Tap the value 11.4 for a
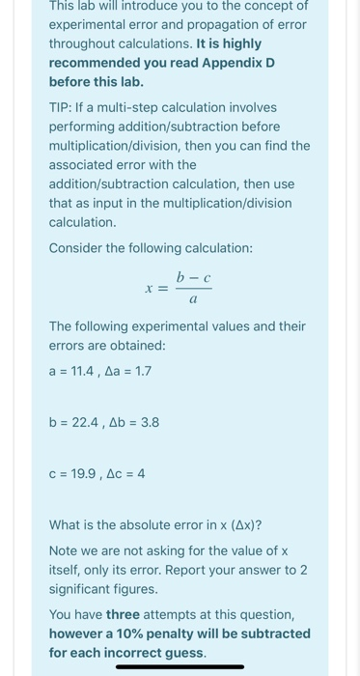point(81,371)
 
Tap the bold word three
point(124,614)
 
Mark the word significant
point(83,589)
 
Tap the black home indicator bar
point(180,666)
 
